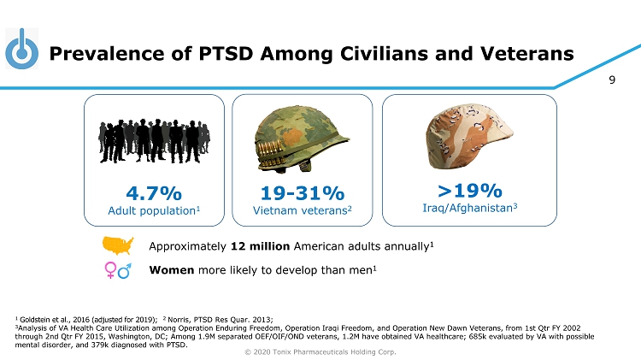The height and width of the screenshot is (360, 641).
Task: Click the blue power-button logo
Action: coord(22,50)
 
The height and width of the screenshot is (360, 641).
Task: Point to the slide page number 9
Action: coord(612,82)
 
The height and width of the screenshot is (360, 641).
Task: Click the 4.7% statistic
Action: coord(154,191)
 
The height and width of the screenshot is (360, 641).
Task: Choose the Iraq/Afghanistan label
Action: coord(462,208)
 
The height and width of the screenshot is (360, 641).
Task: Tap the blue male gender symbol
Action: coord(125,270)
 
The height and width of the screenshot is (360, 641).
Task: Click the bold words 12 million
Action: coord(260,247)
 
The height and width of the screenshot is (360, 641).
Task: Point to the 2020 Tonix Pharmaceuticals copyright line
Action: coord(320,351)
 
